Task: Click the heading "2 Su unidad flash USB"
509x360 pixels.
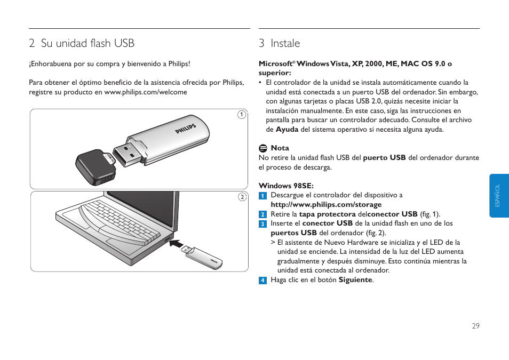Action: click(x=82, y=43)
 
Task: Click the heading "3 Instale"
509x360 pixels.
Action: click(x=280, y=43)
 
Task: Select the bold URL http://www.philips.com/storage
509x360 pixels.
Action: click(x=326, y=204)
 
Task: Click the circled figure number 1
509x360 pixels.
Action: click(x=241, y=115)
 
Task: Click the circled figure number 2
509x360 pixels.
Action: click(x=241, y=197)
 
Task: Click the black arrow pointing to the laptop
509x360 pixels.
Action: click(x=180, y=246)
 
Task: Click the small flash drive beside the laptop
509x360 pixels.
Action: click(x=203, y=258)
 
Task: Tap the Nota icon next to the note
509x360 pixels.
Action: click(x=263, y=148)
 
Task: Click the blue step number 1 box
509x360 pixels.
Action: click(x=263, y=195)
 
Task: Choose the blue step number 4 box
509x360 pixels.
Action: click(x=263, y=280)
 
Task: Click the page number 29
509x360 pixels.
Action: click(x=475, y=326)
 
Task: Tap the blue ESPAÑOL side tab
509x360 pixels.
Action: click(x=499, y=196)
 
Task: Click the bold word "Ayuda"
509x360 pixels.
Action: click(x=287, y=130)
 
